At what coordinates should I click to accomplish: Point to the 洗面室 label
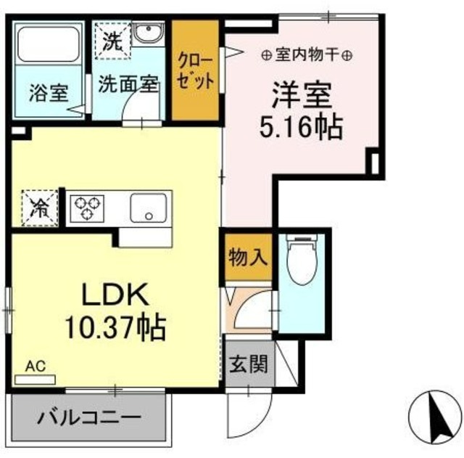click(128, 83)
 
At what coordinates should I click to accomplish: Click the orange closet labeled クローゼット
click(195, 70)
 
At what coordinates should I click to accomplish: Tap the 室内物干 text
click(307, 55)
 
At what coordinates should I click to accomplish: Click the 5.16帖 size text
click(302, 128)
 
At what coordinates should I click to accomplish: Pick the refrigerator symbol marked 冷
click(37, 206)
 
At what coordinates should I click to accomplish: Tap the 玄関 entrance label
click(248, 364)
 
